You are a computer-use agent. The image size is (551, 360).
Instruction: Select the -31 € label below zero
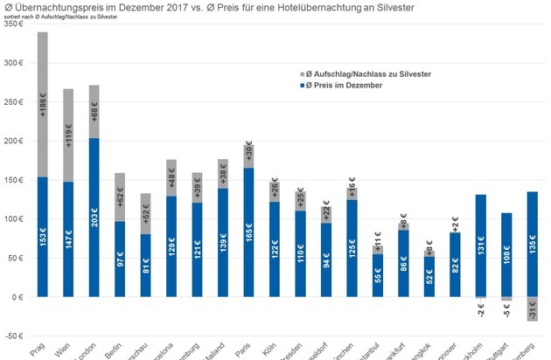(x=532, y=309)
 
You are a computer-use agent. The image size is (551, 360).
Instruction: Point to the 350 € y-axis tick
(x=14, y=24)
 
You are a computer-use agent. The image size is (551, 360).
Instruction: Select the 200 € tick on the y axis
(x=14, y=141)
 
